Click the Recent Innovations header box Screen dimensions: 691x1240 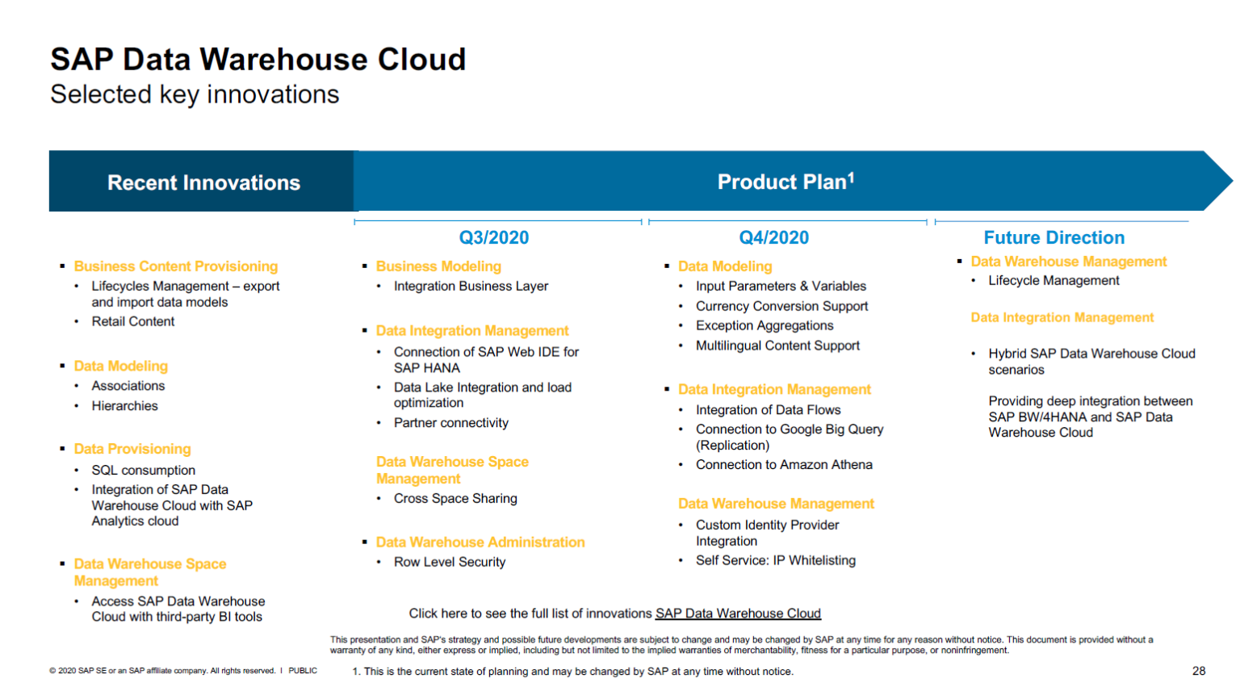click(203, 182)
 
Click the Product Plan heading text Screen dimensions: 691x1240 click(785, 182)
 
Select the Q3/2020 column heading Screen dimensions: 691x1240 click(494, 237)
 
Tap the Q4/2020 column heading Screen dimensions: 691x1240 click(773, 237)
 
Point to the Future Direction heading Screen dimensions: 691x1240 click(1054, 237)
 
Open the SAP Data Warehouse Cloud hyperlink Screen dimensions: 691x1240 click(738, 614)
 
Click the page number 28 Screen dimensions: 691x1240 click(1199, 671)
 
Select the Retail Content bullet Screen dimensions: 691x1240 click(133, 321)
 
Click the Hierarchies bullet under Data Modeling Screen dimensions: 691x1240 click(124, 406)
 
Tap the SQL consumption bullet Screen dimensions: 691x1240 click(143, 470)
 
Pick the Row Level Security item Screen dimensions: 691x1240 click(450, 562)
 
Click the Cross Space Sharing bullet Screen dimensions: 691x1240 click(455, 499)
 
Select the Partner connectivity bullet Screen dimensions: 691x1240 click(451, 423)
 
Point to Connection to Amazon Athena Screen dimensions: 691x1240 click(784, 465)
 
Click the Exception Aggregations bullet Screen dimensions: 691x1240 click(765, 325)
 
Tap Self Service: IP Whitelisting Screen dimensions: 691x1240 click(776, 560)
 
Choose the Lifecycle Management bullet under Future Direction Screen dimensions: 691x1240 click(1054, 281)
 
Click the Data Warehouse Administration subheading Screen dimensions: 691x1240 click(480, 542)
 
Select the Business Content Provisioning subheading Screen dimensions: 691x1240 click(176, 266)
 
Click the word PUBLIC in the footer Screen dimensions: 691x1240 click(303, 671)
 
